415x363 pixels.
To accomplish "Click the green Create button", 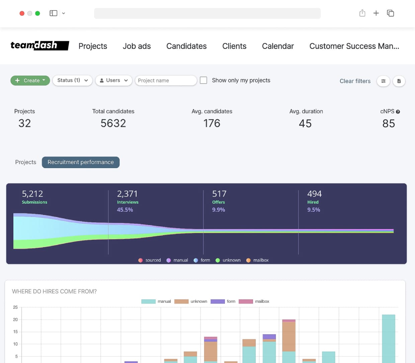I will [x=30, y=80].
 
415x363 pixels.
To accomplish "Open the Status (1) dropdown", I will [x=72, y=80].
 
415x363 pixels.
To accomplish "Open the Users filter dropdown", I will [x=114, y=80].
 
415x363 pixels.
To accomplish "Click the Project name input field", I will [x=166, y=80].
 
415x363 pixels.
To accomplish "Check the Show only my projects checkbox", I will [x=203, y=80].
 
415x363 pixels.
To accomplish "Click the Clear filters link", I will [x=355, y=81].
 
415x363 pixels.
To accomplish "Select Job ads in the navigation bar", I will [x=137, y=46].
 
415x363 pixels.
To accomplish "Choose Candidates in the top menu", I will [x=186, y=46].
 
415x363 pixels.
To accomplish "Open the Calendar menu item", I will [x=278, y=46].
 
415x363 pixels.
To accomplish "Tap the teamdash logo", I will [x=39, y=46].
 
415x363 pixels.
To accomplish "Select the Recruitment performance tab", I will [x=81, y=162].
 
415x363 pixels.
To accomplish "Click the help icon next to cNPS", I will [x=398, y=112].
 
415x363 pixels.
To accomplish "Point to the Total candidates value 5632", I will [x=113, y=123].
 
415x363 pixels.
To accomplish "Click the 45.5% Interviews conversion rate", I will [x=125, y=210].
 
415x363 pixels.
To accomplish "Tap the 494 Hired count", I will [x=314, y=194].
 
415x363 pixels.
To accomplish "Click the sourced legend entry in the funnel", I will [x=150, y=260].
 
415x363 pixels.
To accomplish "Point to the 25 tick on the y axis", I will [x=15, y=307].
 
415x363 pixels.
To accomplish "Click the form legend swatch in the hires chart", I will [x=218, y=301].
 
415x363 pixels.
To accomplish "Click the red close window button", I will [x=22, y=13].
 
